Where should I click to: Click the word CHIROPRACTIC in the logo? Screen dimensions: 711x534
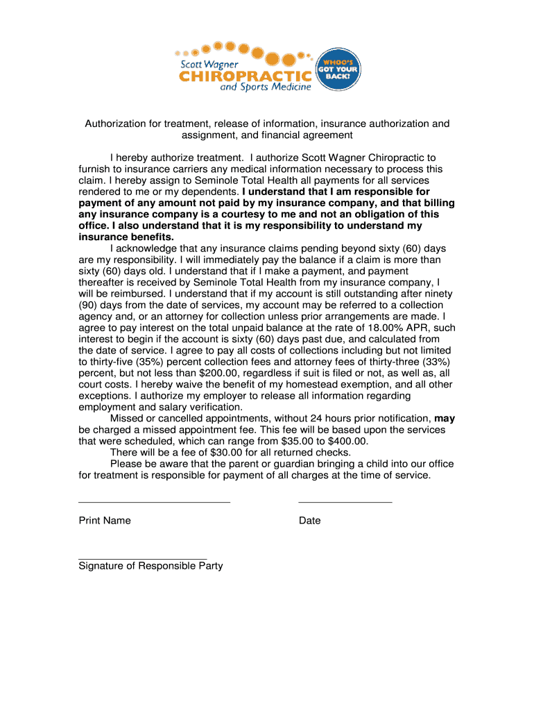245,74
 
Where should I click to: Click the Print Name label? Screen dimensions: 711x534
105,521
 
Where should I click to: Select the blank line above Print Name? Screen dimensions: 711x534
154,501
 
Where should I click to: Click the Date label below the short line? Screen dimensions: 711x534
309,521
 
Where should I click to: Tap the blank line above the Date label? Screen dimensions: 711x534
345,501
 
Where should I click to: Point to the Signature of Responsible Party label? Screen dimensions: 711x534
150,566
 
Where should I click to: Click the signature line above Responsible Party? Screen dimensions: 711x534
143,558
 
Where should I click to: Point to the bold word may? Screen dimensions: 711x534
445,419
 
